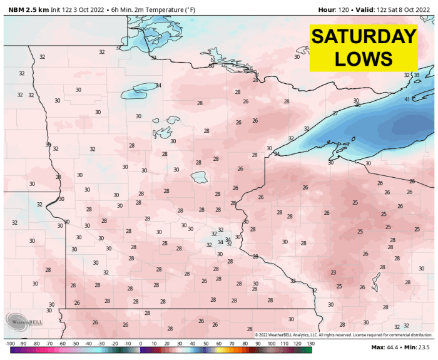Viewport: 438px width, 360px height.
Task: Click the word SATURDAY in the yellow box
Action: point(364,36)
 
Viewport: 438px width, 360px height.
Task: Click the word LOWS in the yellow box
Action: point(364,59)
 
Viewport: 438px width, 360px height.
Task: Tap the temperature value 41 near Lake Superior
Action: point(407,100)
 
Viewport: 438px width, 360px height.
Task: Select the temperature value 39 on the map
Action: point(417,75)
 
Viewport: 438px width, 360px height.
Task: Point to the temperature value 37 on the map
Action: point(335,113)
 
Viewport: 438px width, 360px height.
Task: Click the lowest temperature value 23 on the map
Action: point(334,272)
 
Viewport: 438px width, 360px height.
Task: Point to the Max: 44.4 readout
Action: point(385,347)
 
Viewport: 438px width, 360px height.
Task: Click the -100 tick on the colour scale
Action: point(10,344)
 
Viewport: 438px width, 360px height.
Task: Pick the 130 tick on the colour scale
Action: point(310,344)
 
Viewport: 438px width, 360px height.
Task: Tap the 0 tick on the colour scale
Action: point(140,344)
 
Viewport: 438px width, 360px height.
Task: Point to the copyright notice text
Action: point(343,336)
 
